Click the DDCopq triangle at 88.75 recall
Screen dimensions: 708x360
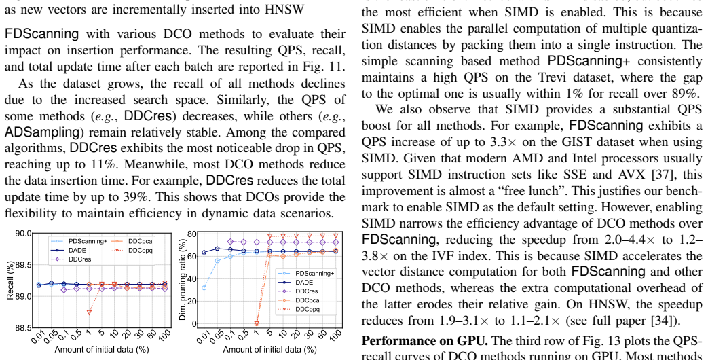coord(90,312)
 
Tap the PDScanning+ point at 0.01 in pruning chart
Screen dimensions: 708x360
coord(204,288)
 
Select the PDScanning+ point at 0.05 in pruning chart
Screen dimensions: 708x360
coord(217,261)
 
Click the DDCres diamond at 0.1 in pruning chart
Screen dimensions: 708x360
coord(230,242)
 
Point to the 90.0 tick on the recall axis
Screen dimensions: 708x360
coord(24,234)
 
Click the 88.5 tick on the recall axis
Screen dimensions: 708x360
coord(24,327)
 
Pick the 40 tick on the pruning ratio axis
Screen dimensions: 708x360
coord(193,278)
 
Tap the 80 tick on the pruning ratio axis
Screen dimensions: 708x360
coord(193,234)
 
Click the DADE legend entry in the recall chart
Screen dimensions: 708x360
coord(67,250)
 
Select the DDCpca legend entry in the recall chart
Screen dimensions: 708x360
coord(132,241)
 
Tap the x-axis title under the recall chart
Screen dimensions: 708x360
coord(102,350)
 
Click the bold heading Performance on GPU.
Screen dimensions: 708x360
coord(425,340)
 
